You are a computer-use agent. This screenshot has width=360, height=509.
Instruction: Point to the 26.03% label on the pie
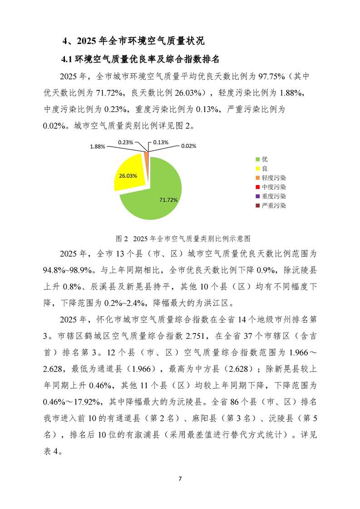point(128,175)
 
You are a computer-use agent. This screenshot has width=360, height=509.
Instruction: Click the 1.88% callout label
point(98,147)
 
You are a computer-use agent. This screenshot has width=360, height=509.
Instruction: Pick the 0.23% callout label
point(125,142)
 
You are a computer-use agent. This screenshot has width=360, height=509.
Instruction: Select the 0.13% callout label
point(161,142)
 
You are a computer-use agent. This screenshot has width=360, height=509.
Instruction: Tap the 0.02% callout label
point(189,146)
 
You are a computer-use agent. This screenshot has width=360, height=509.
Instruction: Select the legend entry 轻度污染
point(271,178)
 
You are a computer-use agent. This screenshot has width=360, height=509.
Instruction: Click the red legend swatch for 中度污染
point(257,187)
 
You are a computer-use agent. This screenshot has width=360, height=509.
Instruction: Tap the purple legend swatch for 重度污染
point(257,196)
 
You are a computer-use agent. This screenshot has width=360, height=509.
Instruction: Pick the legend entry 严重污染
point(271,206)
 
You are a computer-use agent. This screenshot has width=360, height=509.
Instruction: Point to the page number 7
point(180,479)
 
